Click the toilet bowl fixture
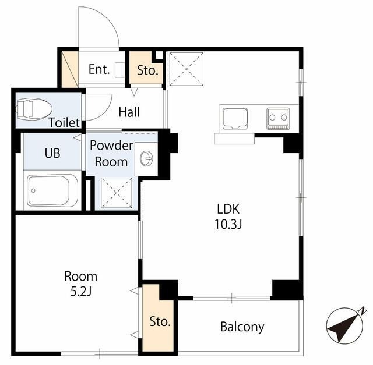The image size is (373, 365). (x=34, y=109)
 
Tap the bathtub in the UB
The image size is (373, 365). (x=52, y=190)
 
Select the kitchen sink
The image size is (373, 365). (x=235, y=119)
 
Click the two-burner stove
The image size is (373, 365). (x=278, y=118)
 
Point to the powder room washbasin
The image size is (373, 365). (x=146, y=158)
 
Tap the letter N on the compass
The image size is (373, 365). (x=363, y=311)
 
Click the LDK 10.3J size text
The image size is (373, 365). (x=228, y=224)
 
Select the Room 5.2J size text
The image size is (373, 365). (x=81, y=292)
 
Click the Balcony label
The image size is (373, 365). (x=242, y=327)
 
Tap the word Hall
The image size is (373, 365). (x=129, y=112)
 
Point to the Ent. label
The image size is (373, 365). (x=99, y=69)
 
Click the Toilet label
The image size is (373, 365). (x=64, y=123)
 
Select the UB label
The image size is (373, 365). (x=52, y=153)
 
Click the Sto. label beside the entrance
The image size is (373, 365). (x=147, y=70)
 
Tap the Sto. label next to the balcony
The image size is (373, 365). (x=160, y=321)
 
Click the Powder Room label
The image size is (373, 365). (x=111, y=154)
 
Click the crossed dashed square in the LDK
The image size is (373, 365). (x=186, y=69)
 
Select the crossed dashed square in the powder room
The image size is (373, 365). (x=117, y=193)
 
